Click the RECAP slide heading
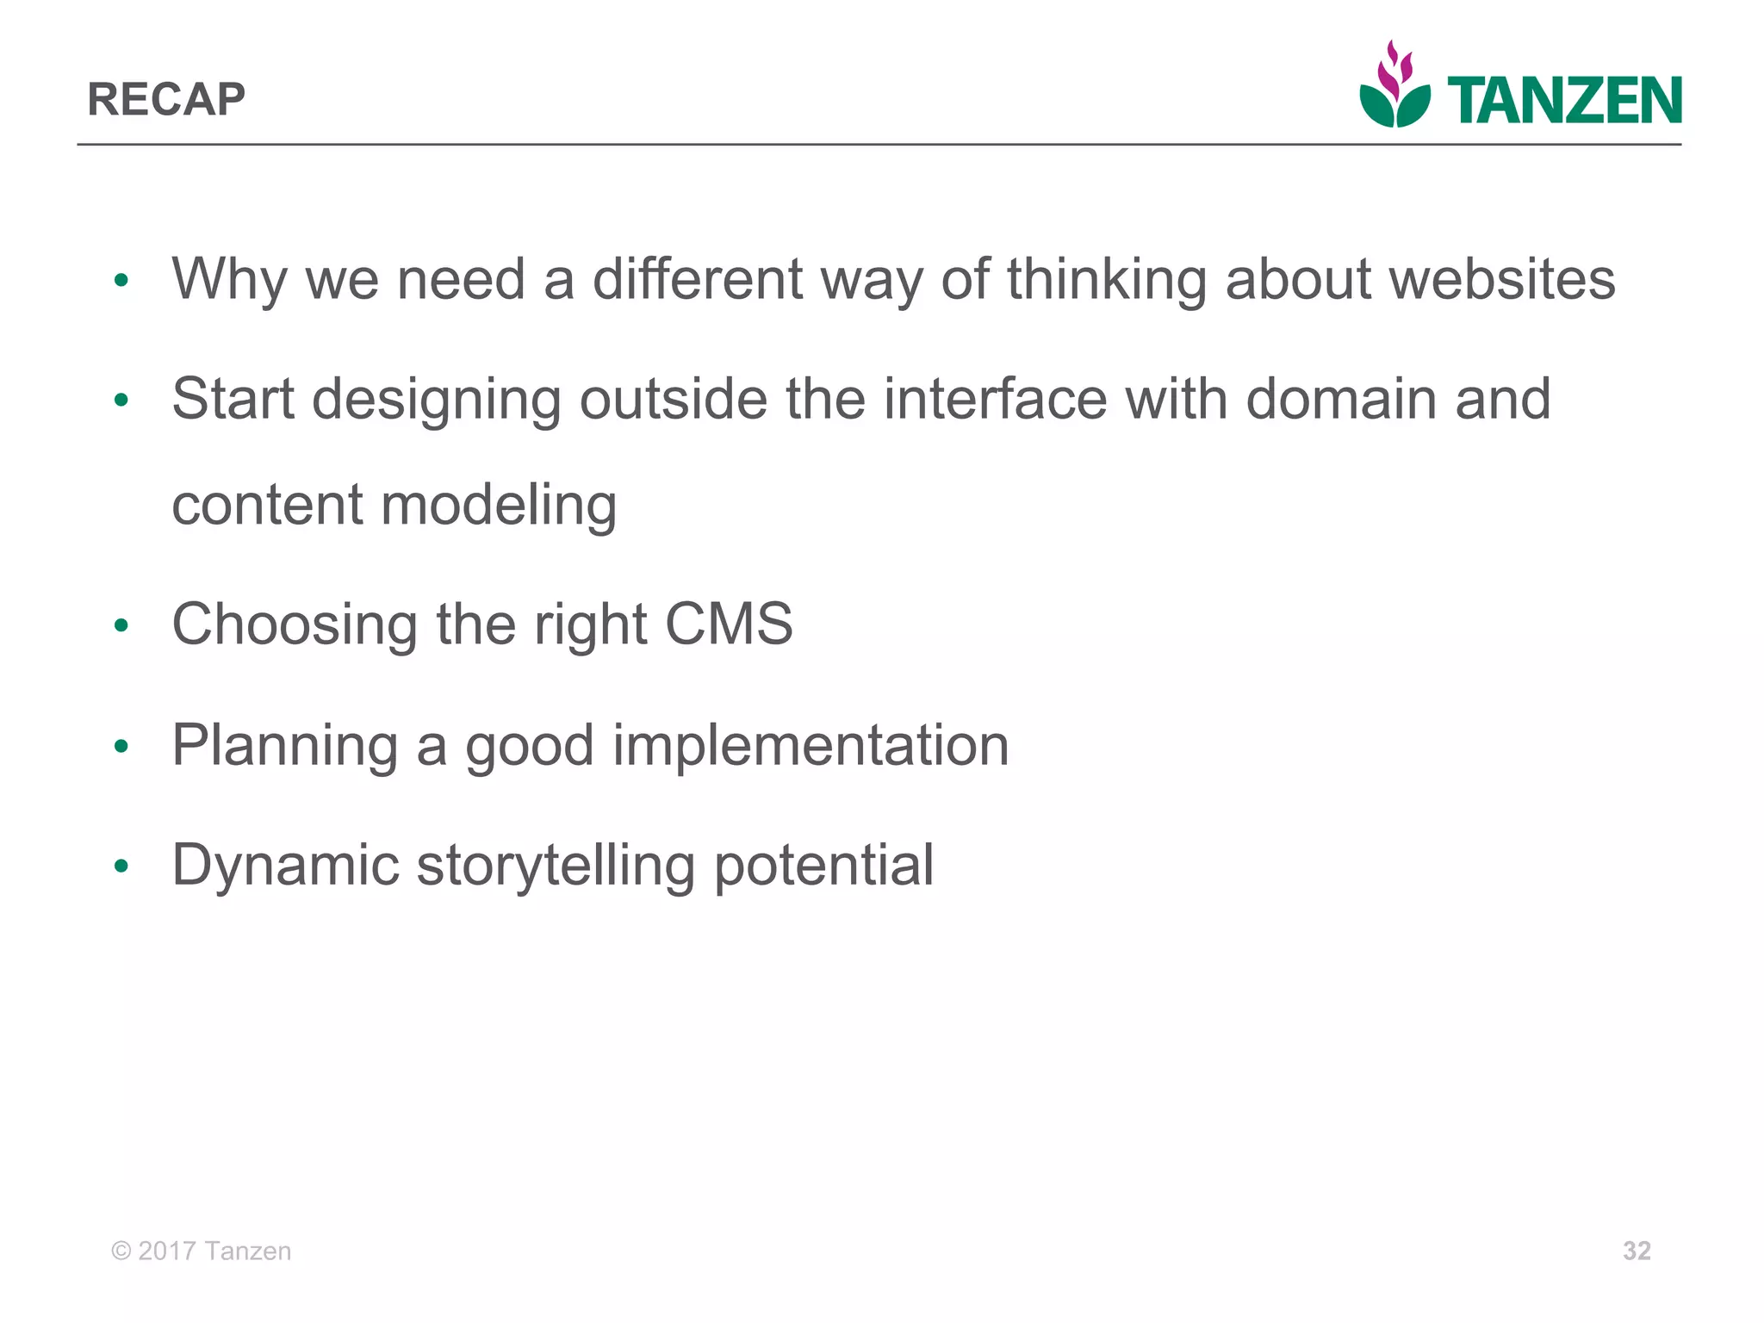coord(166,99)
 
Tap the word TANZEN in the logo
coord(1564,102)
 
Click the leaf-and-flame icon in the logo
coord(1394,86)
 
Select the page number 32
coord(1637,1251)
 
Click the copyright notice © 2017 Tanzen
coord(202,1251)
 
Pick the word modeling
coord(499,506)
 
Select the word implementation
coord(811,745)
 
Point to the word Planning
coord(285,745)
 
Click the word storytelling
coord(556,866)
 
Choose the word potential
coord(823,866)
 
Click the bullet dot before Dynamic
coord(121,866)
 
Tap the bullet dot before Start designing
coord(121,401)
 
